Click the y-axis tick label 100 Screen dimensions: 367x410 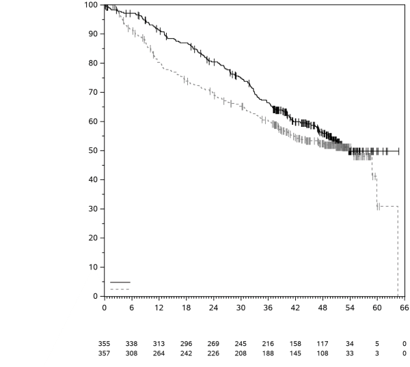tap(90, 5)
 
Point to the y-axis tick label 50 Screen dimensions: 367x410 tap(92, 151)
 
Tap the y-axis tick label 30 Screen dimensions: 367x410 tap(92, 209)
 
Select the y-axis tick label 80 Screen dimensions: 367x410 tap(92, 63)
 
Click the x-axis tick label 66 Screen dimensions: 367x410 tap(404, 308)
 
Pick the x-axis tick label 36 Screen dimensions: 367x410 tap(267, 308)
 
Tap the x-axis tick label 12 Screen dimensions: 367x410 tap(159, 308)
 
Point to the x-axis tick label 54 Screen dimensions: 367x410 tap(349, 308)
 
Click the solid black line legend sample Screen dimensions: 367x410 tap(120, 282)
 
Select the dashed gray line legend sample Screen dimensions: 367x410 tap(120, 289)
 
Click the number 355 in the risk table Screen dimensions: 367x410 tap(104, 344)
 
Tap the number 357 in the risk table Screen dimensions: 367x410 tap(104, 353)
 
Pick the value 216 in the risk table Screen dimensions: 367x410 tap(267, 344)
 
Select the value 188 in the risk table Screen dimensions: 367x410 tap(267, 353)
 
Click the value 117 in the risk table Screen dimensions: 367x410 tap(322, 344)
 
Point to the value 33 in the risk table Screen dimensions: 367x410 tap(349, 353)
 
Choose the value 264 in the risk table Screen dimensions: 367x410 tap(159, 353)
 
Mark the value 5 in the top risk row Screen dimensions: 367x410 tap(377, 344)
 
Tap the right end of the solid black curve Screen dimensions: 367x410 tap(399, 151)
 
